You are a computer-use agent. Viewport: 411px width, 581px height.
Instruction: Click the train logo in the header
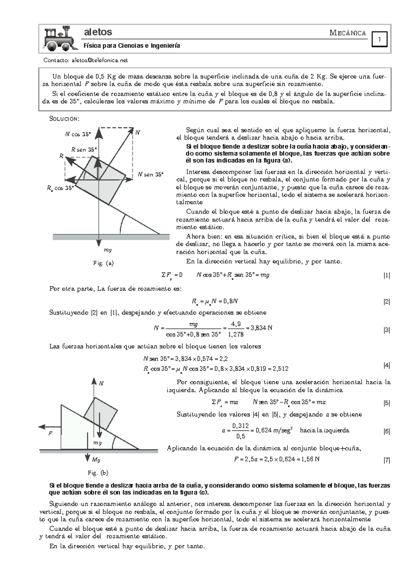(59, 38)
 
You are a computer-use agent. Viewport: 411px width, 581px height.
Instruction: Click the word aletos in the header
(98, 32)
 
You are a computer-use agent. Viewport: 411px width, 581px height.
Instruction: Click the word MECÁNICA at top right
(348, 33)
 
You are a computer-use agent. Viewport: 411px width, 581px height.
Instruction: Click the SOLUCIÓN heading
(64, 119)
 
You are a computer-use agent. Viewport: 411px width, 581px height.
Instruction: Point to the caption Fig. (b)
(98, 473)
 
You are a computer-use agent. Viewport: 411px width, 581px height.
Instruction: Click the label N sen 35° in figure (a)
(150, 174)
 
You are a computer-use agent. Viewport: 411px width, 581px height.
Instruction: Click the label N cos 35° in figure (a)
(78, 134)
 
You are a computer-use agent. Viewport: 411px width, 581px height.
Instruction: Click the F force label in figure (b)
(50, 433)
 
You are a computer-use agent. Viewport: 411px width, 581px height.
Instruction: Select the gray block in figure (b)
(101, 414)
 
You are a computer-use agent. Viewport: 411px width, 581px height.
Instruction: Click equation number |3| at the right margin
(387, 330)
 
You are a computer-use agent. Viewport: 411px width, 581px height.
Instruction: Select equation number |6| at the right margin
(387, 431)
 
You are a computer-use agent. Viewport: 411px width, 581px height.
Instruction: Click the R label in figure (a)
(61, 156)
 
